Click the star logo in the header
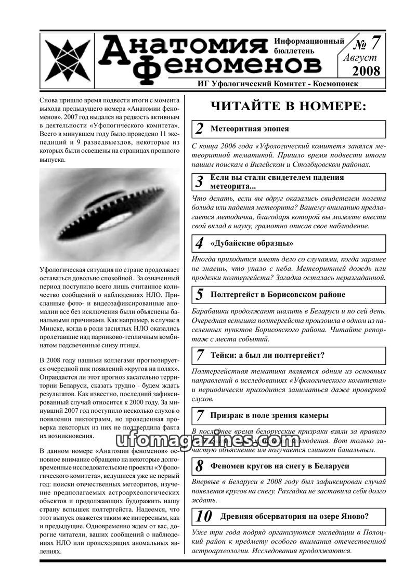[x=67, y=57]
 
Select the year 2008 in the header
[x=366, y=71]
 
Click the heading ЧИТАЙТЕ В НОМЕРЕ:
[x=288, y=107]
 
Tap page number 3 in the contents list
[x=200, y=182]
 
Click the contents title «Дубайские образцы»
[x=252, y=243]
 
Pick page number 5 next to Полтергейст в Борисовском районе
[x=200, y=295]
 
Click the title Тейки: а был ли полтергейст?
[x=267, y=356]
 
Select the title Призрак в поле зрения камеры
[x=269, y=415]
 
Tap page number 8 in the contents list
[x=200, y=467]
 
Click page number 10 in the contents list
[x=204, y=517]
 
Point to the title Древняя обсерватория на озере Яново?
[x=295, y=516]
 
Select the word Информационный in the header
[x=309, y=41]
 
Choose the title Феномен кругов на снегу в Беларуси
[x=280, y=466]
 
